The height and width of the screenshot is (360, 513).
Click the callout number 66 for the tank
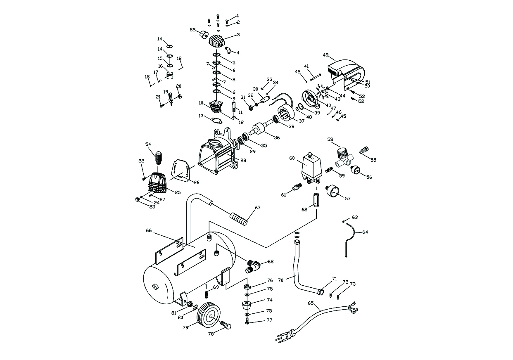tap(149, 230)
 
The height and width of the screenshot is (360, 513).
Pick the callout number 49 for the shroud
tap(325, 55)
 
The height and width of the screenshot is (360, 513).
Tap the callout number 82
tap(192, 30)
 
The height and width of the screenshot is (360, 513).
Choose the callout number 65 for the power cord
tap(311, 303)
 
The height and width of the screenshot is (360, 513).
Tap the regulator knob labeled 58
tap(342, 154)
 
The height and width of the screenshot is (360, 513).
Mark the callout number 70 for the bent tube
tap(280, 280)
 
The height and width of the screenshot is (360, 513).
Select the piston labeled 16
tap(169, 75)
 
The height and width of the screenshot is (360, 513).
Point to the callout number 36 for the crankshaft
tap(276, 137)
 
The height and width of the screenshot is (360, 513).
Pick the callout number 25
tap(178, 192)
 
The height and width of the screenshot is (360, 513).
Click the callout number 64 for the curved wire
tap(365, 232)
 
